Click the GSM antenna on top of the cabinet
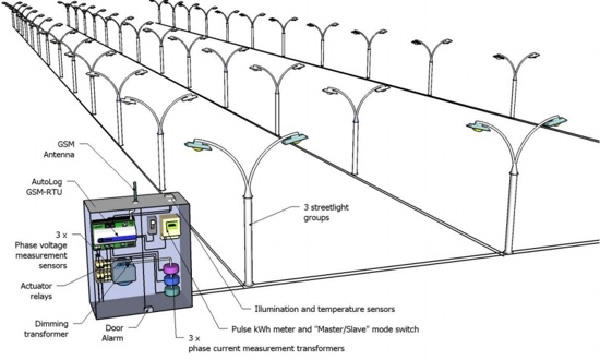point(135,192)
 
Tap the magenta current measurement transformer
point(171,269)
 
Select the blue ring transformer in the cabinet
point(172,280)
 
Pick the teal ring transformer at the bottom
point(172,291)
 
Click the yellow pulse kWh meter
point(170,226)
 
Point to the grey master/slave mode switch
point(152,225)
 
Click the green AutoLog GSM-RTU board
point(114,233)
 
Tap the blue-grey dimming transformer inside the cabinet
point(123,273)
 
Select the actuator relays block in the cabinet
point(101,272)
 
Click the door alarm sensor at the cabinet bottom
point(148,309)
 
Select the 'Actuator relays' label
point(36,291)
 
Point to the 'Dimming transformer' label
point(46,329)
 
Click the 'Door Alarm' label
point(114,333)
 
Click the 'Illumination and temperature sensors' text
point(324,309)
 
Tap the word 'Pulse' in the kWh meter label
point(241,329)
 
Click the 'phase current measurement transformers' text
point(266,349)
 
